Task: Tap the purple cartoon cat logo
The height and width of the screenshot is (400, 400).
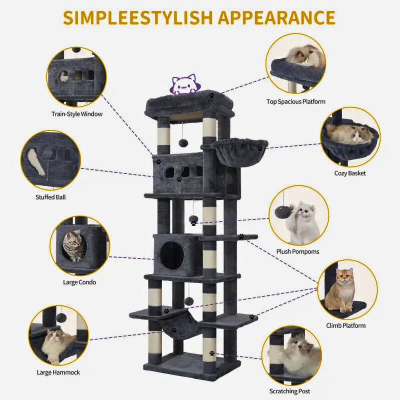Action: [185, 84]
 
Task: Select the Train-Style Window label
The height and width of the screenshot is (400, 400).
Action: [77, 114]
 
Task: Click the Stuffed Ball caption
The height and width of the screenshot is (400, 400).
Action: [50, 197]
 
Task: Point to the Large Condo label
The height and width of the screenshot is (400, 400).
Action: [80, 282]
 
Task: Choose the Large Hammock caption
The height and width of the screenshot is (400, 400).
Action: [59, 372]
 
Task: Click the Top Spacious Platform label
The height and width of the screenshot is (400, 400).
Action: [296, 102]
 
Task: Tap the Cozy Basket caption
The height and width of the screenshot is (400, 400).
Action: [350, 173]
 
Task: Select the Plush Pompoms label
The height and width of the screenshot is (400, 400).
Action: [298, 252]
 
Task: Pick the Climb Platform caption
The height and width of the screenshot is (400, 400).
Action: [346, 325]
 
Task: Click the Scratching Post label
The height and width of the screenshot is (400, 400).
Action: [290, 391]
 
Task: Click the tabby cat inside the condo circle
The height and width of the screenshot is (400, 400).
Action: [74, 246]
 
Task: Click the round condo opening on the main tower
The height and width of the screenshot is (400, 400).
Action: [172, 256]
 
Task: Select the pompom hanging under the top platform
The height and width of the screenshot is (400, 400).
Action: [183, 143]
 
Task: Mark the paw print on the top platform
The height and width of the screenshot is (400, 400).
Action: [212, 96]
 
